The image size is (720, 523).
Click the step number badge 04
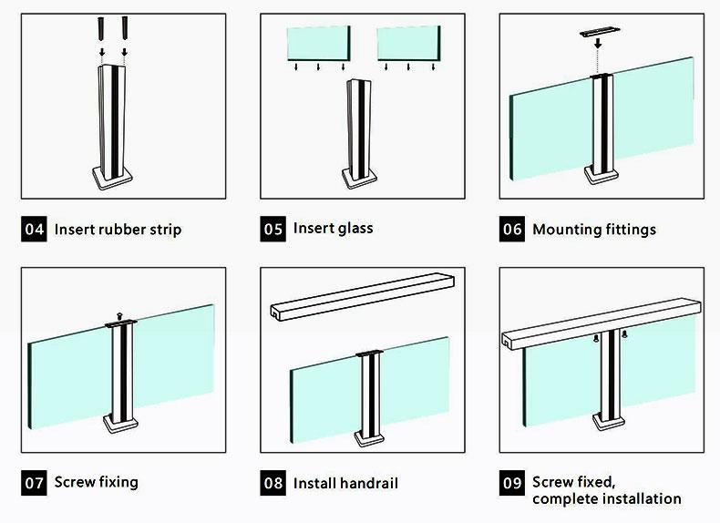pyautogui.click(x=34, y=229)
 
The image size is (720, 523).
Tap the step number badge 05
pyautogui.click(x=273, y=229)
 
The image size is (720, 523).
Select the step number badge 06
pyautogui.click(x=512, y=229)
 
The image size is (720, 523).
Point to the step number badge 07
pyautogui.click(x=34, y=483)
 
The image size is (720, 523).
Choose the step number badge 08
pyautogui.click(x=273, y=483)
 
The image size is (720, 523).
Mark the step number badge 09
pyautogui.click(x=512, y=483)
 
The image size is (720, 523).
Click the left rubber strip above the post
pyautogui.click(x=102, y=28)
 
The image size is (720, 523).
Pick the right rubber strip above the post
pyautogui.click(x=125, y=28)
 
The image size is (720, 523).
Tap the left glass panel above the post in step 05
pyautogui.click(x=319, y=43)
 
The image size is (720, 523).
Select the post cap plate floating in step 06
pyautogui.click(x=599, y=32)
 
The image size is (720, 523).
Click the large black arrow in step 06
pyautogui.click(x=598, y=44)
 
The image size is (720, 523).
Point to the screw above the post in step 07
pyautogui.click(x=119, y=316)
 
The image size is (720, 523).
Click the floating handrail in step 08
pyautogui.click(x=363, y=297)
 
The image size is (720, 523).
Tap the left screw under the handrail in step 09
pyautogui.click(x=596, y=338)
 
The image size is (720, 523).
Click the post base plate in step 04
pyautogui.click(x=112, y=179)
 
